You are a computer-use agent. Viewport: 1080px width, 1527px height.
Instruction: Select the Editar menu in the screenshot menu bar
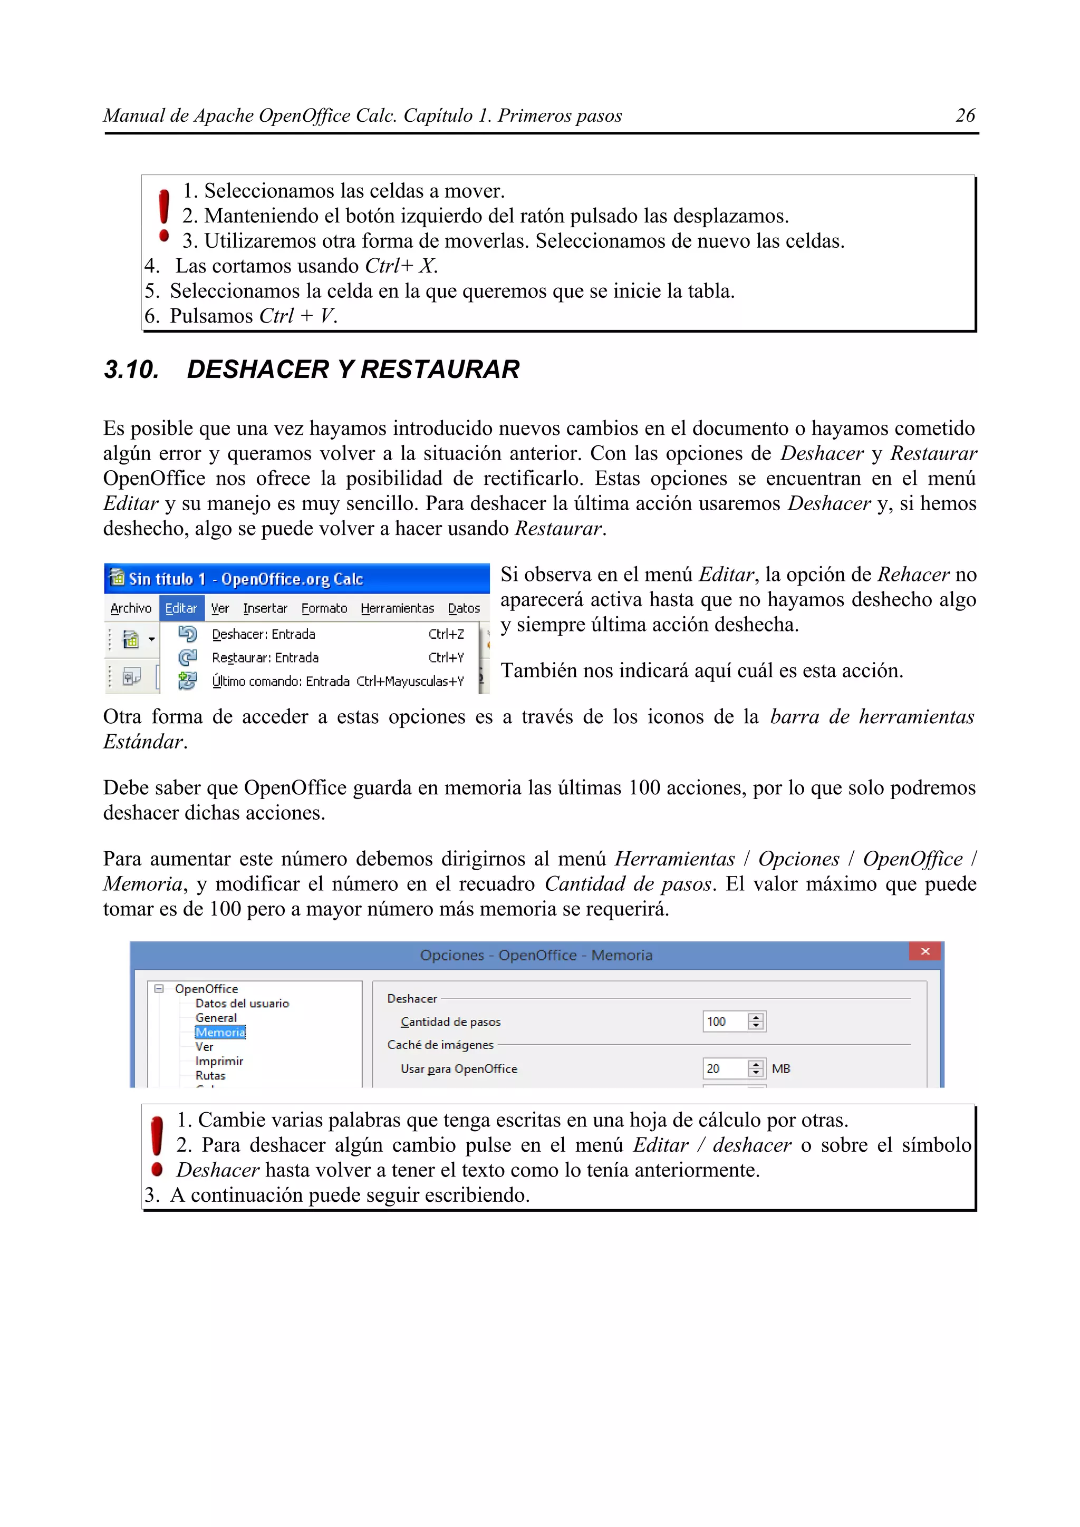pos(181,608)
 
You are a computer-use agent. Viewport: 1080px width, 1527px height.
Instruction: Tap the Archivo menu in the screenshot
pos(131,608)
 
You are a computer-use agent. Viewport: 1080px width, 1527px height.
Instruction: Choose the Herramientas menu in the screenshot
pos(397,608)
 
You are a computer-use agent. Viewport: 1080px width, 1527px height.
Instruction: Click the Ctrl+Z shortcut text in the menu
pos(446,634)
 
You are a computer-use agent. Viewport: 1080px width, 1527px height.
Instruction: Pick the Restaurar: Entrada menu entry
pos(265,658)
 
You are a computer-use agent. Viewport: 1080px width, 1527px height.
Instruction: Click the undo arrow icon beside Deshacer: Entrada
pos(188,634)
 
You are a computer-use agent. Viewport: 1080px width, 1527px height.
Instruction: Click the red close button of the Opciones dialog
pos(924,952)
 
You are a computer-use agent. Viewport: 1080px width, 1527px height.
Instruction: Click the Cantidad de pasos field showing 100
pos(724,1022)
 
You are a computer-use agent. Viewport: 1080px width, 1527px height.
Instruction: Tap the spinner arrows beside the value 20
pos(755,1069)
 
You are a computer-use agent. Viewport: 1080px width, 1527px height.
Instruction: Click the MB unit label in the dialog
pos(780,1069)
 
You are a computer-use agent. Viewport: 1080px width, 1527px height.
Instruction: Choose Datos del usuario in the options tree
pos(242,1004)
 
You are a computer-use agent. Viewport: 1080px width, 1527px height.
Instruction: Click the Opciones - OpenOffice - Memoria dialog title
pos(536,955)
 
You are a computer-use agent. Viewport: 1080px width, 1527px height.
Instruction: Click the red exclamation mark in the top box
pos(163,215)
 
